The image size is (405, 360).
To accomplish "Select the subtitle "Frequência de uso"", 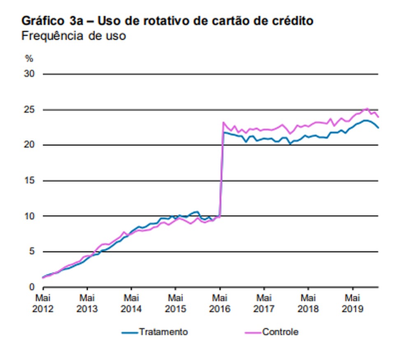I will pos(73,36).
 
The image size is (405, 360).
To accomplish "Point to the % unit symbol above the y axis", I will pos(29,58).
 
